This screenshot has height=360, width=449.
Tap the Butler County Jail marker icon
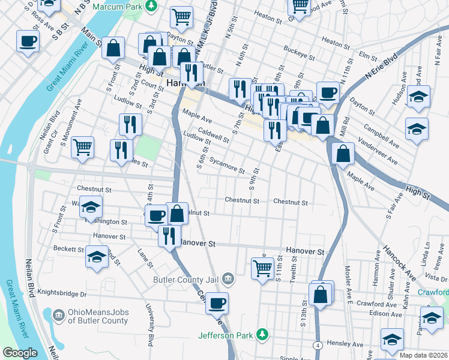click(228, 278)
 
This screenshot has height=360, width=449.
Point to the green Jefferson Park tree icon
click(262, 334)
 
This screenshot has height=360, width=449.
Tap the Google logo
click(20, 352)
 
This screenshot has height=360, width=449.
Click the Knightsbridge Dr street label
click(62, 294)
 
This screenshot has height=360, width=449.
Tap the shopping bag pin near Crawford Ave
click(321, 294)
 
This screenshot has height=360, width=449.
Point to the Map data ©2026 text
click(423, 355)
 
